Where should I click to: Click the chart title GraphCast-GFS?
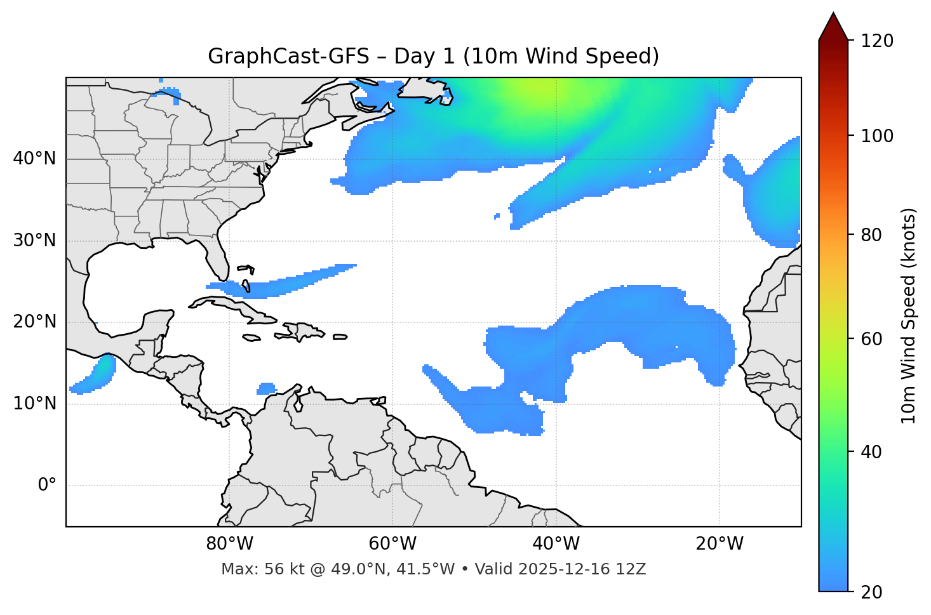pyautogui.click(x=288, y=56)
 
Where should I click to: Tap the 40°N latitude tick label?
pyautogui.click(x=34, y=158)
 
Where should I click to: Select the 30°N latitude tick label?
pyautogui.click(x=34, y=241)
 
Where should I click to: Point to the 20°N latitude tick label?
pyautogui.click(x=34, y=322)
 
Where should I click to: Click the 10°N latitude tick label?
pyautogui.click(x=34, y=404)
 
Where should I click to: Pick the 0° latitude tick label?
pyautogui.click(x=46, y=486)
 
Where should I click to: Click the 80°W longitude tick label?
pyautogui.click(x=229, y=544)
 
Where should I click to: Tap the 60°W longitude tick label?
pyautogui.click(x=392, y=544)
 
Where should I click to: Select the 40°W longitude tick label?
pyautogui.click(x=556, y=544)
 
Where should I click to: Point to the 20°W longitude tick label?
pyautogui.click(x=719, y=544)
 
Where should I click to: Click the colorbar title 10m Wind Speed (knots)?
pyautogui.click(x=909, y=315)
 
